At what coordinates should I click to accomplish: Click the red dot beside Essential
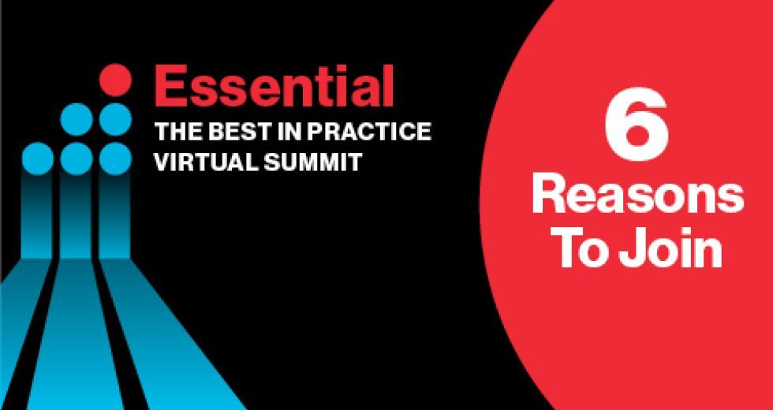point(115,80)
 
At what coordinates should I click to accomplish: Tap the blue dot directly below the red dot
point(115,119)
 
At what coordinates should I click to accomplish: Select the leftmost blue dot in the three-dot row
point(38,158)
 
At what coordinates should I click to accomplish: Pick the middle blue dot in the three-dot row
point(77,158)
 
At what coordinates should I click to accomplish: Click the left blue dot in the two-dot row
point(77,119)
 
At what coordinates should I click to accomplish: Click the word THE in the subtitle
point(178,132)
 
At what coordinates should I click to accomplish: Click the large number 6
point(637,125)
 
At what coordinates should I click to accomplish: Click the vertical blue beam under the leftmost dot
point(38,216)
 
